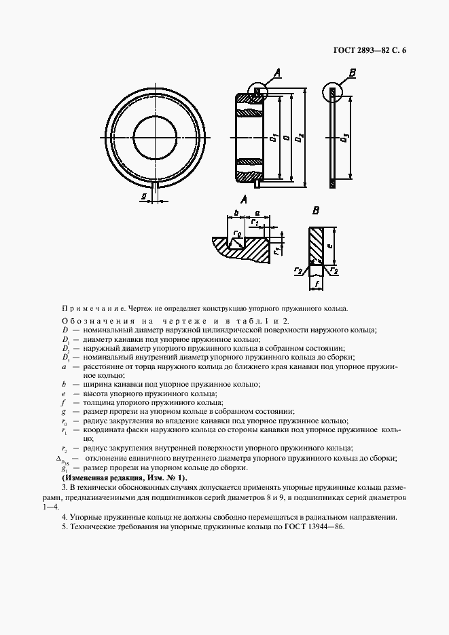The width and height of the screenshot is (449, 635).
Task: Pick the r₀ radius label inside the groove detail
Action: pos(236,235)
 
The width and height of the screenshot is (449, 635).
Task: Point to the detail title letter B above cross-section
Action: pos(316,212)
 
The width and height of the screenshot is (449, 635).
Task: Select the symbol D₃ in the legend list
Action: pos(65,357)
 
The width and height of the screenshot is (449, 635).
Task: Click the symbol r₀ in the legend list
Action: pos(65,421)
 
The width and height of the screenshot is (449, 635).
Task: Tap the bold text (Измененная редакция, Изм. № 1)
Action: pos(124,478)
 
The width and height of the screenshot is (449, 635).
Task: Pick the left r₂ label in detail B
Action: pos(299,270)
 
